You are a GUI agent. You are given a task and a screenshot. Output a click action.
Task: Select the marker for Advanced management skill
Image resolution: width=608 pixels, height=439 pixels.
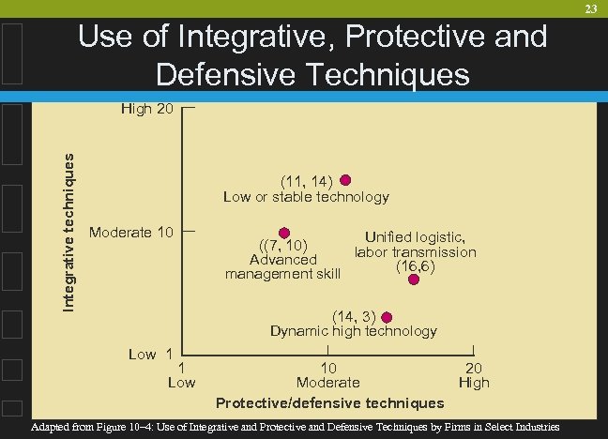pos(284,233)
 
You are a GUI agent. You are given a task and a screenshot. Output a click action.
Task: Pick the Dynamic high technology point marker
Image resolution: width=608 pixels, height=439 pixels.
pos(387,317)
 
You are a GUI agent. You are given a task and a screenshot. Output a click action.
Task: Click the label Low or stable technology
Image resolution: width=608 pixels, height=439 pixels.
pos(305,197)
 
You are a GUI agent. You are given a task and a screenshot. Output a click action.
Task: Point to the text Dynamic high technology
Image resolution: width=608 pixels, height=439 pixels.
pos(353,331)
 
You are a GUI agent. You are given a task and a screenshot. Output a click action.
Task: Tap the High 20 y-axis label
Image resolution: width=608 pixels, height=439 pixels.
pos(147,110)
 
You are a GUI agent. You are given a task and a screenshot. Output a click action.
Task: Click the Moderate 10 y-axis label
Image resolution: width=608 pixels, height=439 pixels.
pos(130,232)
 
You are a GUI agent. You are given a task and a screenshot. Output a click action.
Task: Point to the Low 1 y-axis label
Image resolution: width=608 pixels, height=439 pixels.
pos(150,354)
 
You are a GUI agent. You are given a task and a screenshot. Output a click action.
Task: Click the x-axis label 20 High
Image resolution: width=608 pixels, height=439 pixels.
pos(474,375)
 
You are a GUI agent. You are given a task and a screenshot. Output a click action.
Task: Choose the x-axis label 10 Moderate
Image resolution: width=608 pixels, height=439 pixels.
pos(327,375)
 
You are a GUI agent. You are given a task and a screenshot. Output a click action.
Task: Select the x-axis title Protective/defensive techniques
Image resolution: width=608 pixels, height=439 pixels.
pos(329,402)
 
